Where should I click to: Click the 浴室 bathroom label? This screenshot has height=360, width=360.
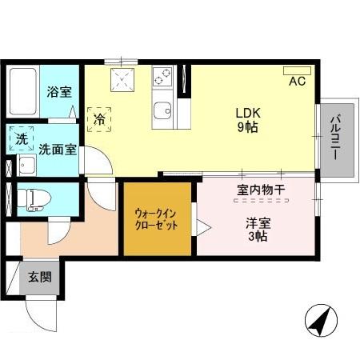(58, 92)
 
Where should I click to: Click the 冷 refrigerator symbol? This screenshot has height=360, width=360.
(100, 119)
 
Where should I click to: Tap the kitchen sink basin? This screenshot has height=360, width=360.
(163, 111)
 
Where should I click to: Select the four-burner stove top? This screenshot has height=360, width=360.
(163, 78)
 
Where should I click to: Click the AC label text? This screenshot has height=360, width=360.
(297, 82)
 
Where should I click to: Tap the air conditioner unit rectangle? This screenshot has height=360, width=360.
(297, 70)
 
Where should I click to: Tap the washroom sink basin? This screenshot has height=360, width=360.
(26, 166)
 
